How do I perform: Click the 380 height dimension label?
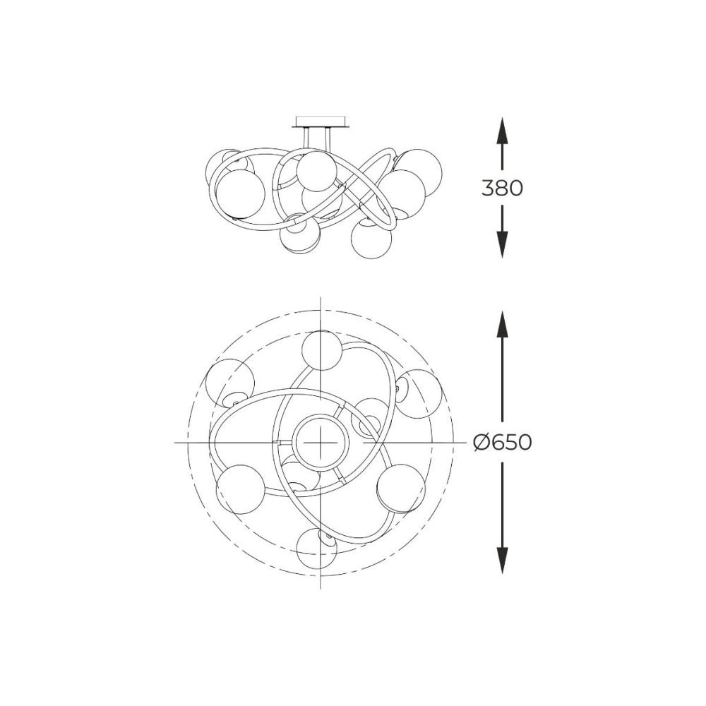pos(502,188)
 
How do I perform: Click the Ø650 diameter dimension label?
pos(503,443)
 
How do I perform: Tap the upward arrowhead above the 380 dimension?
pos(502,131)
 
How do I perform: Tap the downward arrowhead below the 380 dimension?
pos(502,244)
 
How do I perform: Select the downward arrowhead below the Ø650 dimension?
pos(502,560)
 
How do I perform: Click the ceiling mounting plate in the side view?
pos(321,122)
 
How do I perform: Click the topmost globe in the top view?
pos(321,350)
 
